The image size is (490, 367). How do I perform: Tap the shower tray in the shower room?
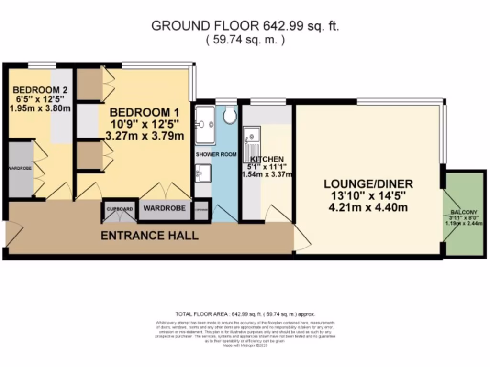(204, 125)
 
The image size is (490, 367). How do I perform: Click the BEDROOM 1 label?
(145, 113)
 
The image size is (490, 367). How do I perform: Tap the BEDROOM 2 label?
(40, 90)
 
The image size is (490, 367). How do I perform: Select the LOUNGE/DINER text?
(368, 183)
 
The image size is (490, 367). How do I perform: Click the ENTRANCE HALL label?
(149, 236)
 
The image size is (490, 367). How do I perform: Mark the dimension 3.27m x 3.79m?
(145, 136)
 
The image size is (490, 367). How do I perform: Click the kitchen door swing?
(276, 213)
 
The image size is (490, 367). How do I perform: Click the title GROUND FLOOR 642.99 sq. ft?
(245, 26)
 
